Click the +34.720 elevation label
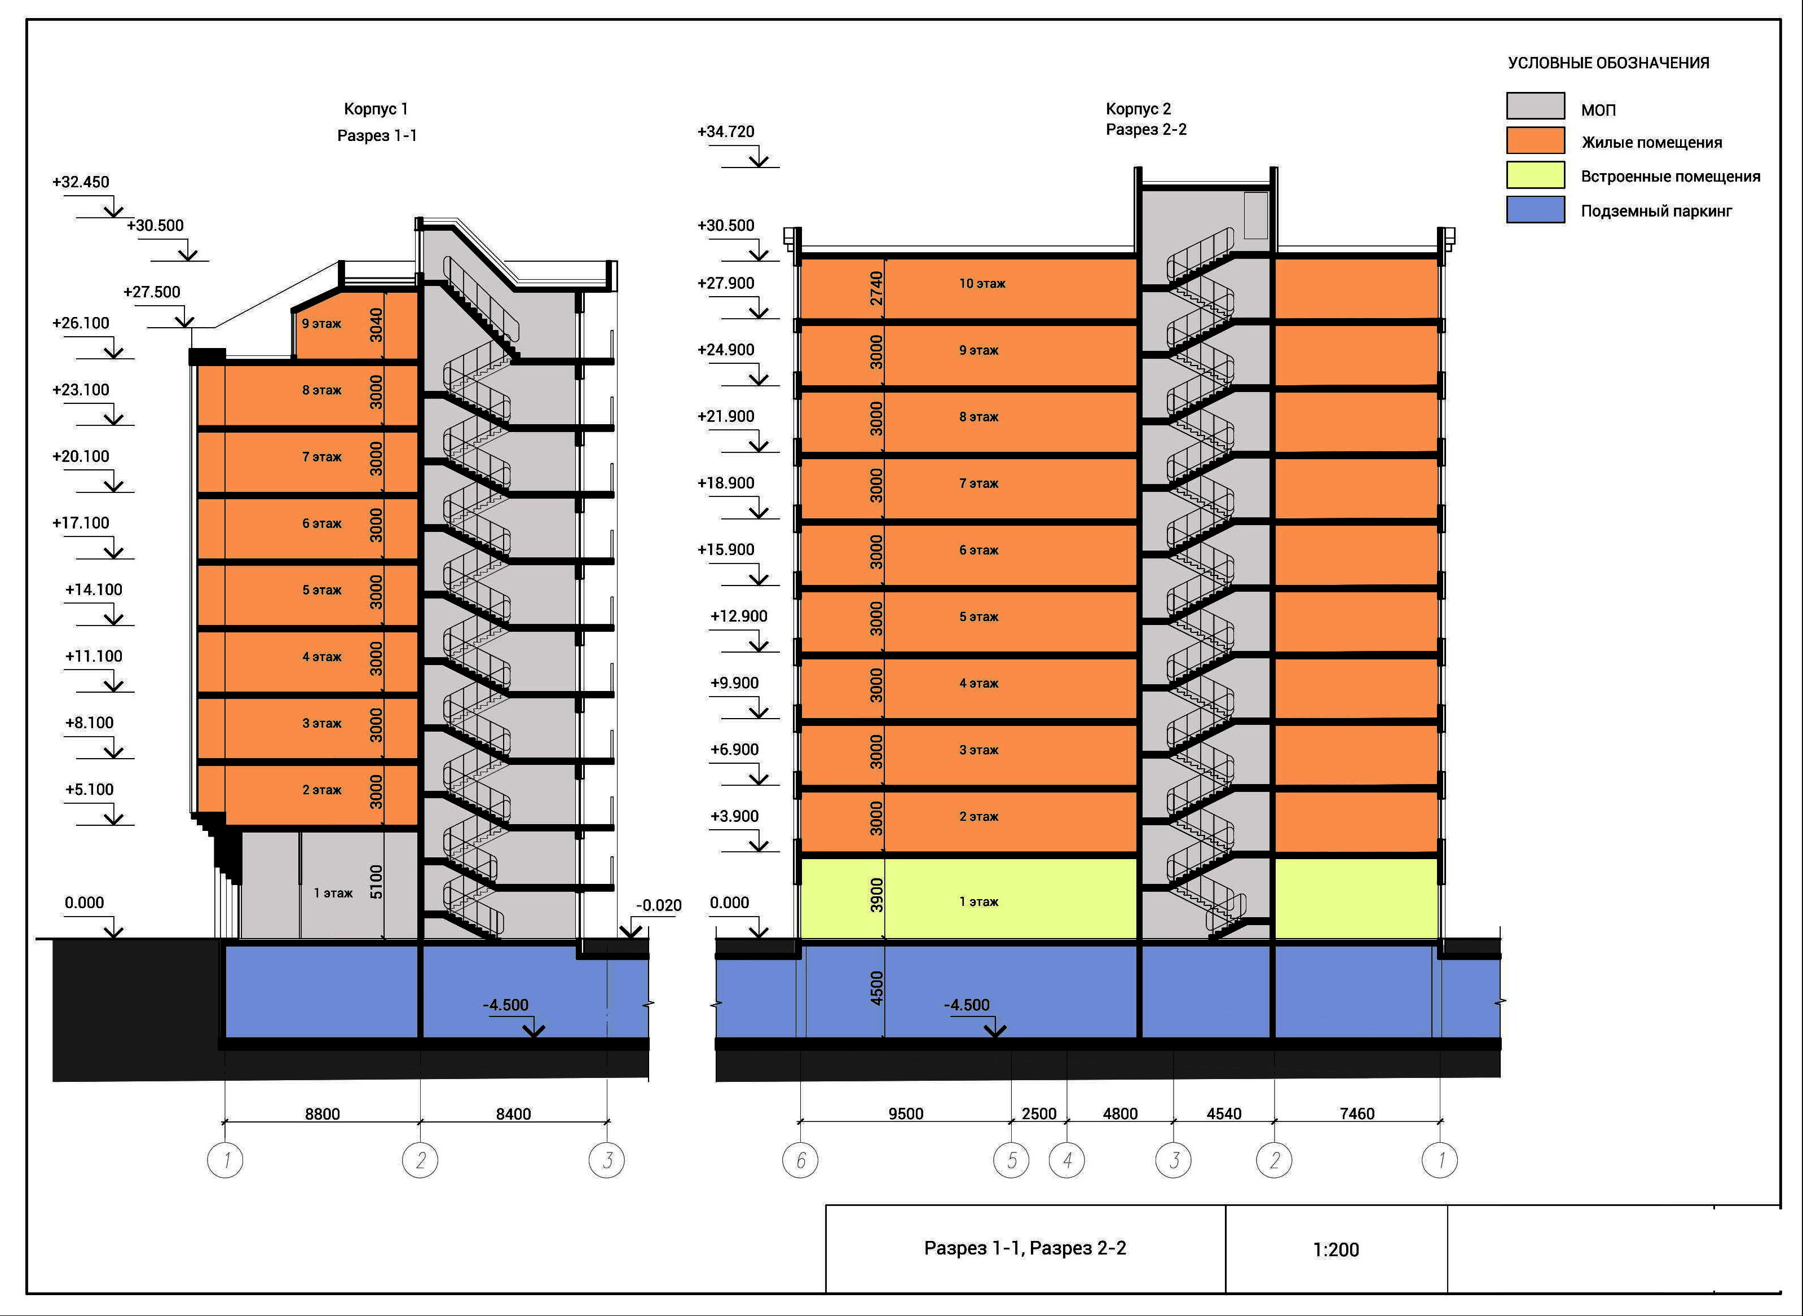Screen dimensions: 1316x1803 coord(725,131)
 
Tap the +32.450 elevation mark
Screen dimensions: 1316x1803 coord(81,182)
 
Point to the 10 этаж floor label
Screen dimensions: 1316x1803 coord(981,284)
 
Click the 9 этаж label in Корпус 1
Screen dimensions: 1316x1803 coord(321,323)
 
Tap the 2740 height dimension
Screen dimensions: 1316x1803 coord(876,288)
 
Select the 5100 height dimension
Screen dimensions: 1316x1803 coord(376,882)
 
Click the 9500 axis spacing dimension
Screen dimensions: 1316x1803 coord(906,1113)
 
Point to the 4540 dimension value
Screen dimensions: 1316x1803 coord(1223,1113)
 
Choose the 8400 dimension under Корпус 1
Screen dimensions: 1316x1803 coord(513,1113)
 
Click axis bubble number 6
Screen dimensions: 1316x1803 coord(800,1161)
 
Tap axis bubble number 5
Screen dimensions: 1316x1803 coord(1011,1161)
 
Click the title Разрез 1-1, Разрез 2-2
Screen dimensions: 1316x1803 coord(1025,1248)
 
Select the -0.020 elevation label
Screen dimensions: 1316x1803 coord(659,906)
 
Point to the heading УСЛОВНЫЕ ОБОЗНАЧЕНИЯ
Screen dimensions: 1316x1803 coord(1608,63)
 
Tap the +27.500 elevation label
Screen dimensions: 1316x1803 coord(151,292)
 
